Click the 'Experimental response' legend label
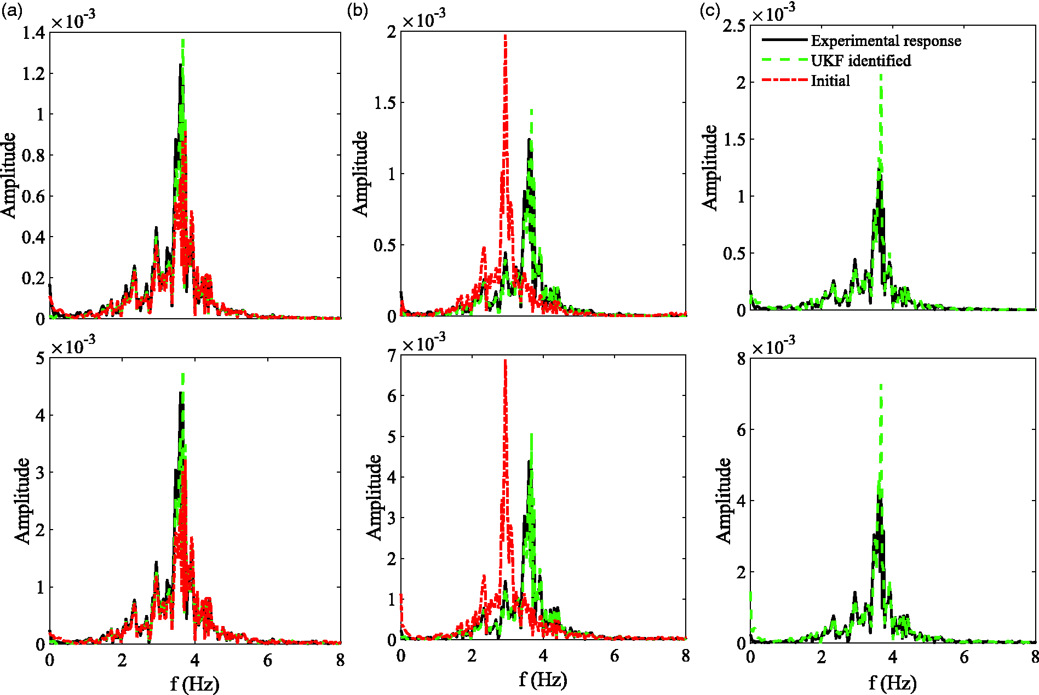pos(886,41)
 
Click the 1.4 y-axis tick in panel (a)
pos(34,33)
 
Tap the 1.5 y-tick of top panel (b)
pos(384,102)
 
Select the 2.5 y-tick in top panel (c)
pos(734,25)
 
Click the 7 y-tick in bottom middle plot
pos(392,356)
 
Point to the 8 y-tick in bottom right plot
pos(741,359)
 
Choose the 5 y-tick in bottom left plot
pos(40,359)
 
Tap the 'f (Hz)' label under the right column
pos(893,683)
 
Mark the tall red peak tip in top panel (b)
pos(505,36)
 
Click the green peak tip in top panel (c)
pos(881,76)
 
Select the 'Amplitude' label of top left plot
pos(9,175)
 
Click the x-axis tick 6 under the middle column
pos(615,656)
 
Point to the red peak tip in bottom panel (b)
pos(505,360)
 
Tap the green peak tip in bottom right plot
pos(881,385)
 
